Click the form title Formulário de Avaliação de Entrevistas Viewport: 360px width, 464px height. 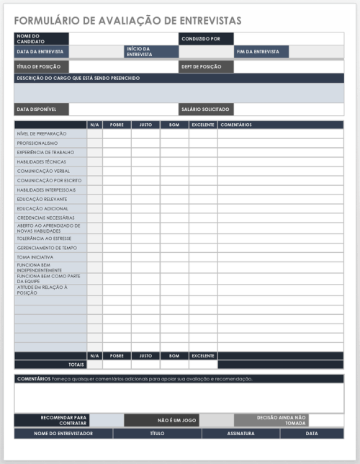128,20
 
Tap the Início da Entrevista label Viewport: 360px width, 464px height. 150,52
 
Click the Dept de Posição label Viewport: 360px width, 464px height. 206,66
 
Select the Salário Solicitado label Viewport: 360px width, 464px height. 206,110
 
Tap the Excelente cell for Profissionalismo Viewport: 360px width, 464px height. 203,143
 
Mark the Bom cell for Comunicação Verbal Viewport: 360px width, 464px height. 174,171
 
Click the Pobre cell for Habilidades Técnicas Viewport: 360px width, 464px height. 117,162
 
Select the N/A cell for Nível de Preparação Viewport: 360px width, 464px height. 94,134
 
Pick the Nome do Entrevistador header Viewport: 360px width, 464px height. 63,434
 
